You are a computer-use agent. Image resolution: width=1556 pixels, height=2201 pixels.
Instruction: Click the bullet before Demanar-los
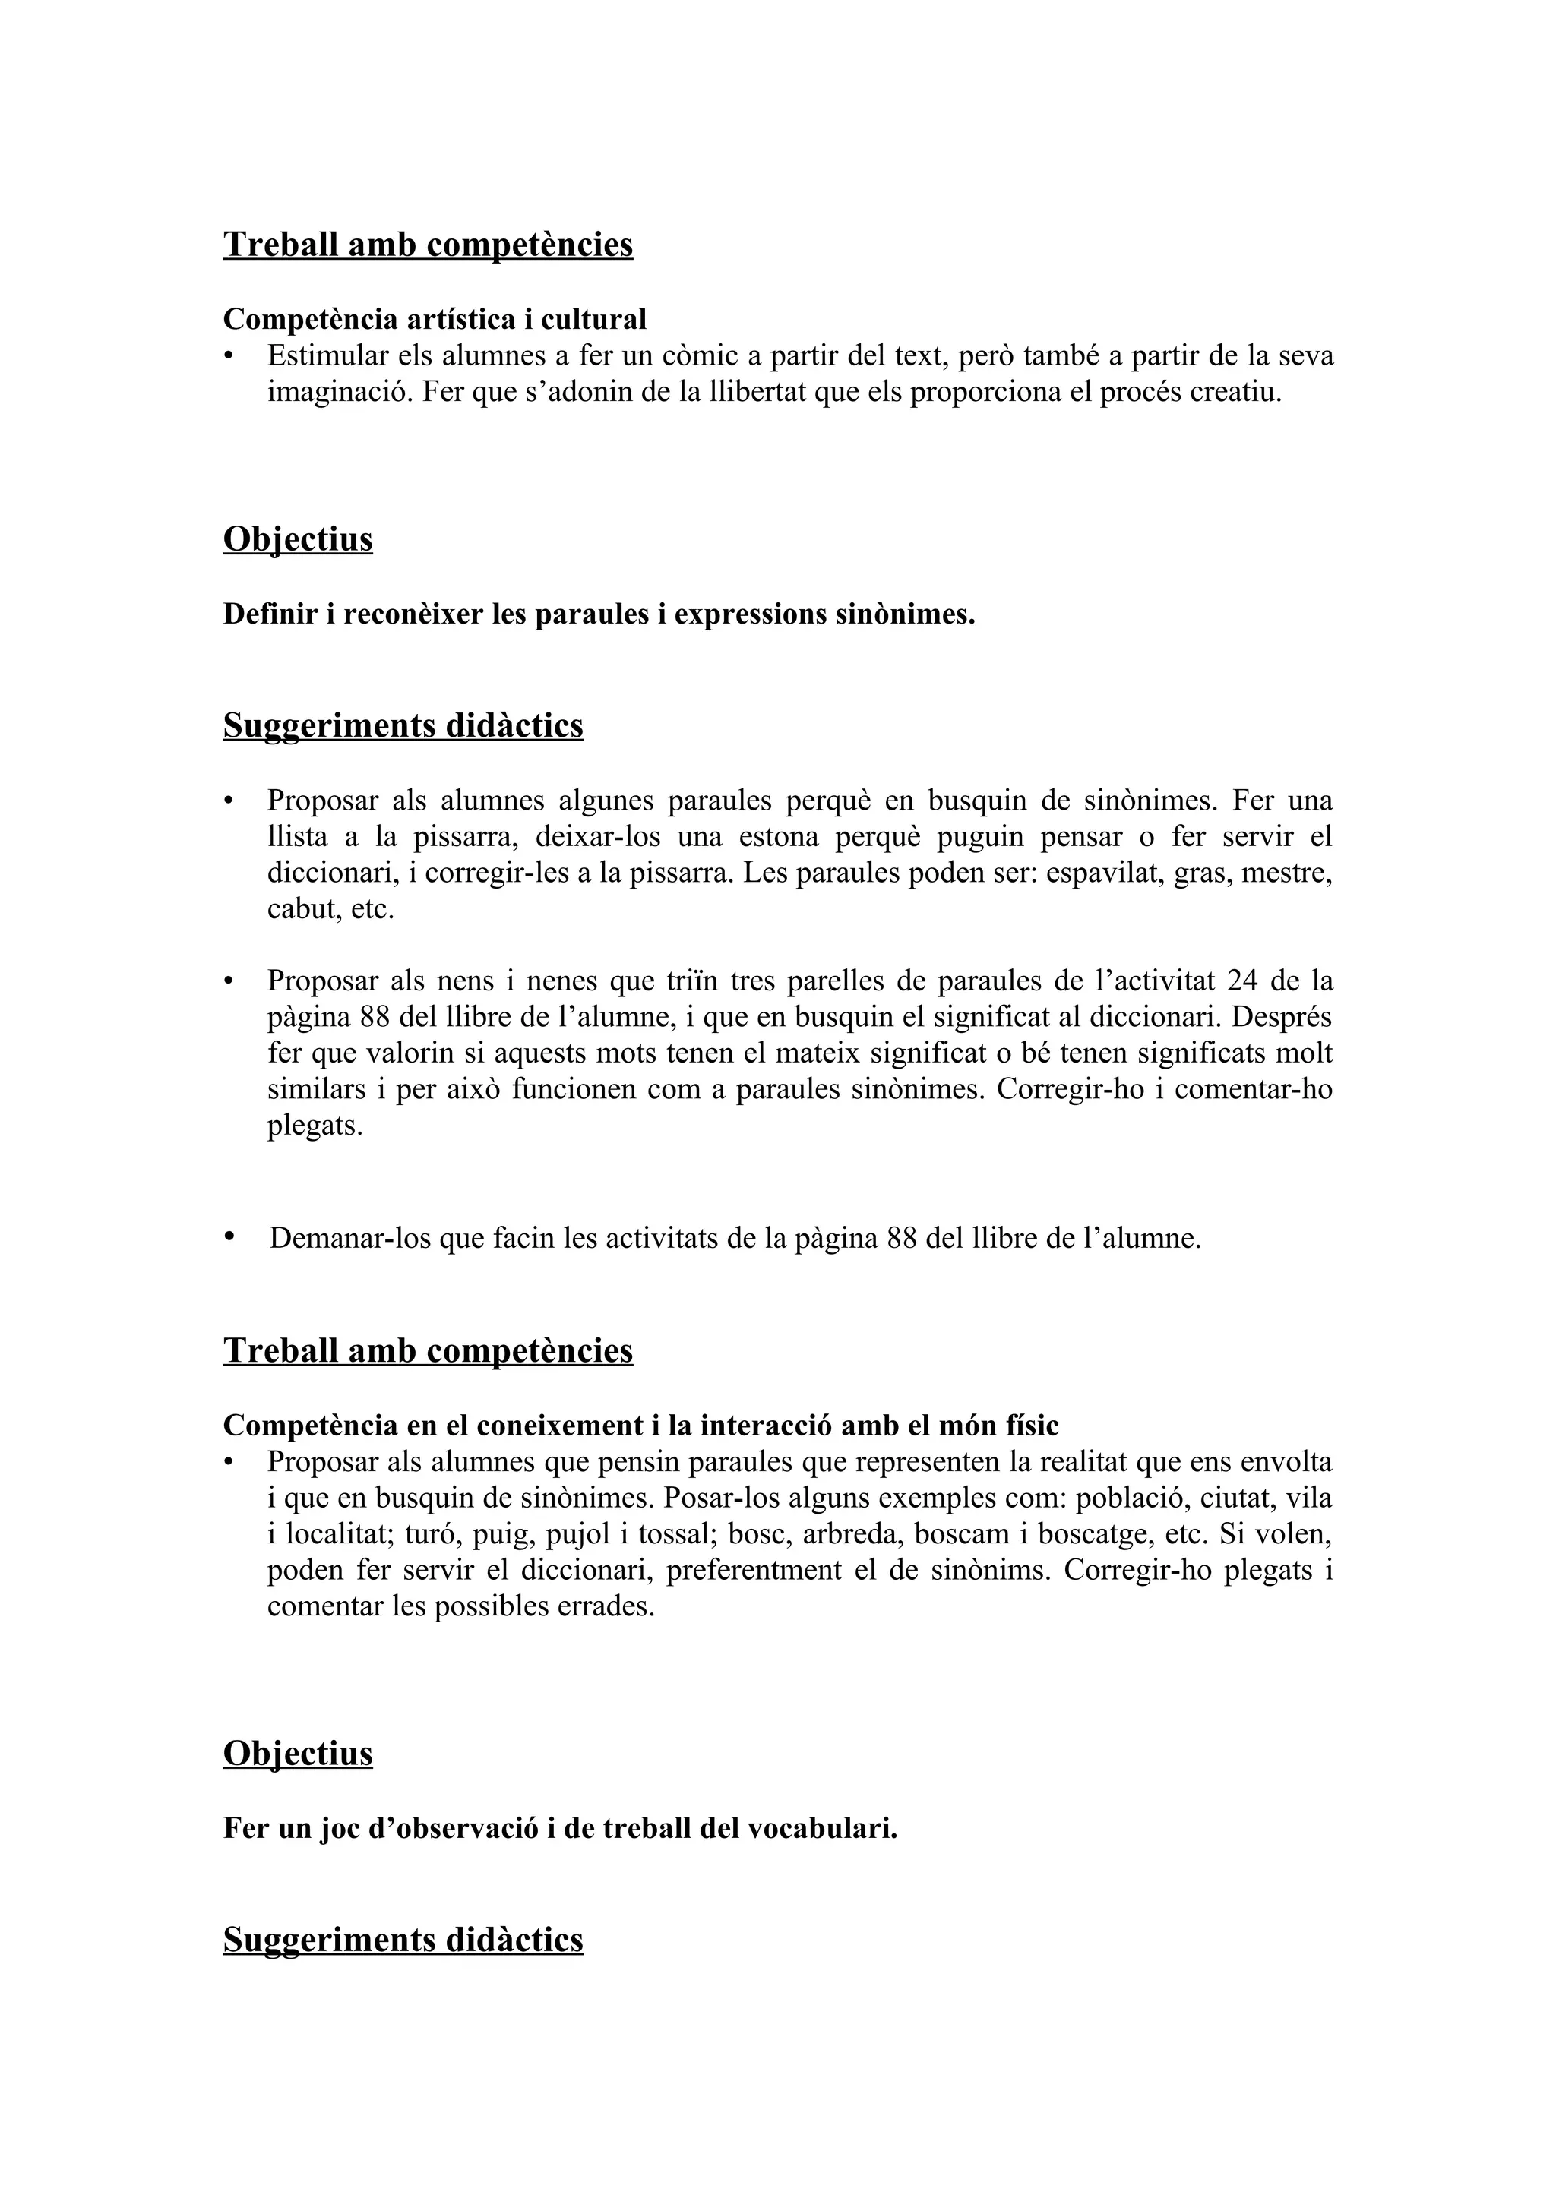[x=229, y=1236]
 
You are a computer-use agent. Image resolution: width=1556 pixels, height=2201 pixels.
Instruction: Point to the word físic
[x=1032, y=1426]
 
